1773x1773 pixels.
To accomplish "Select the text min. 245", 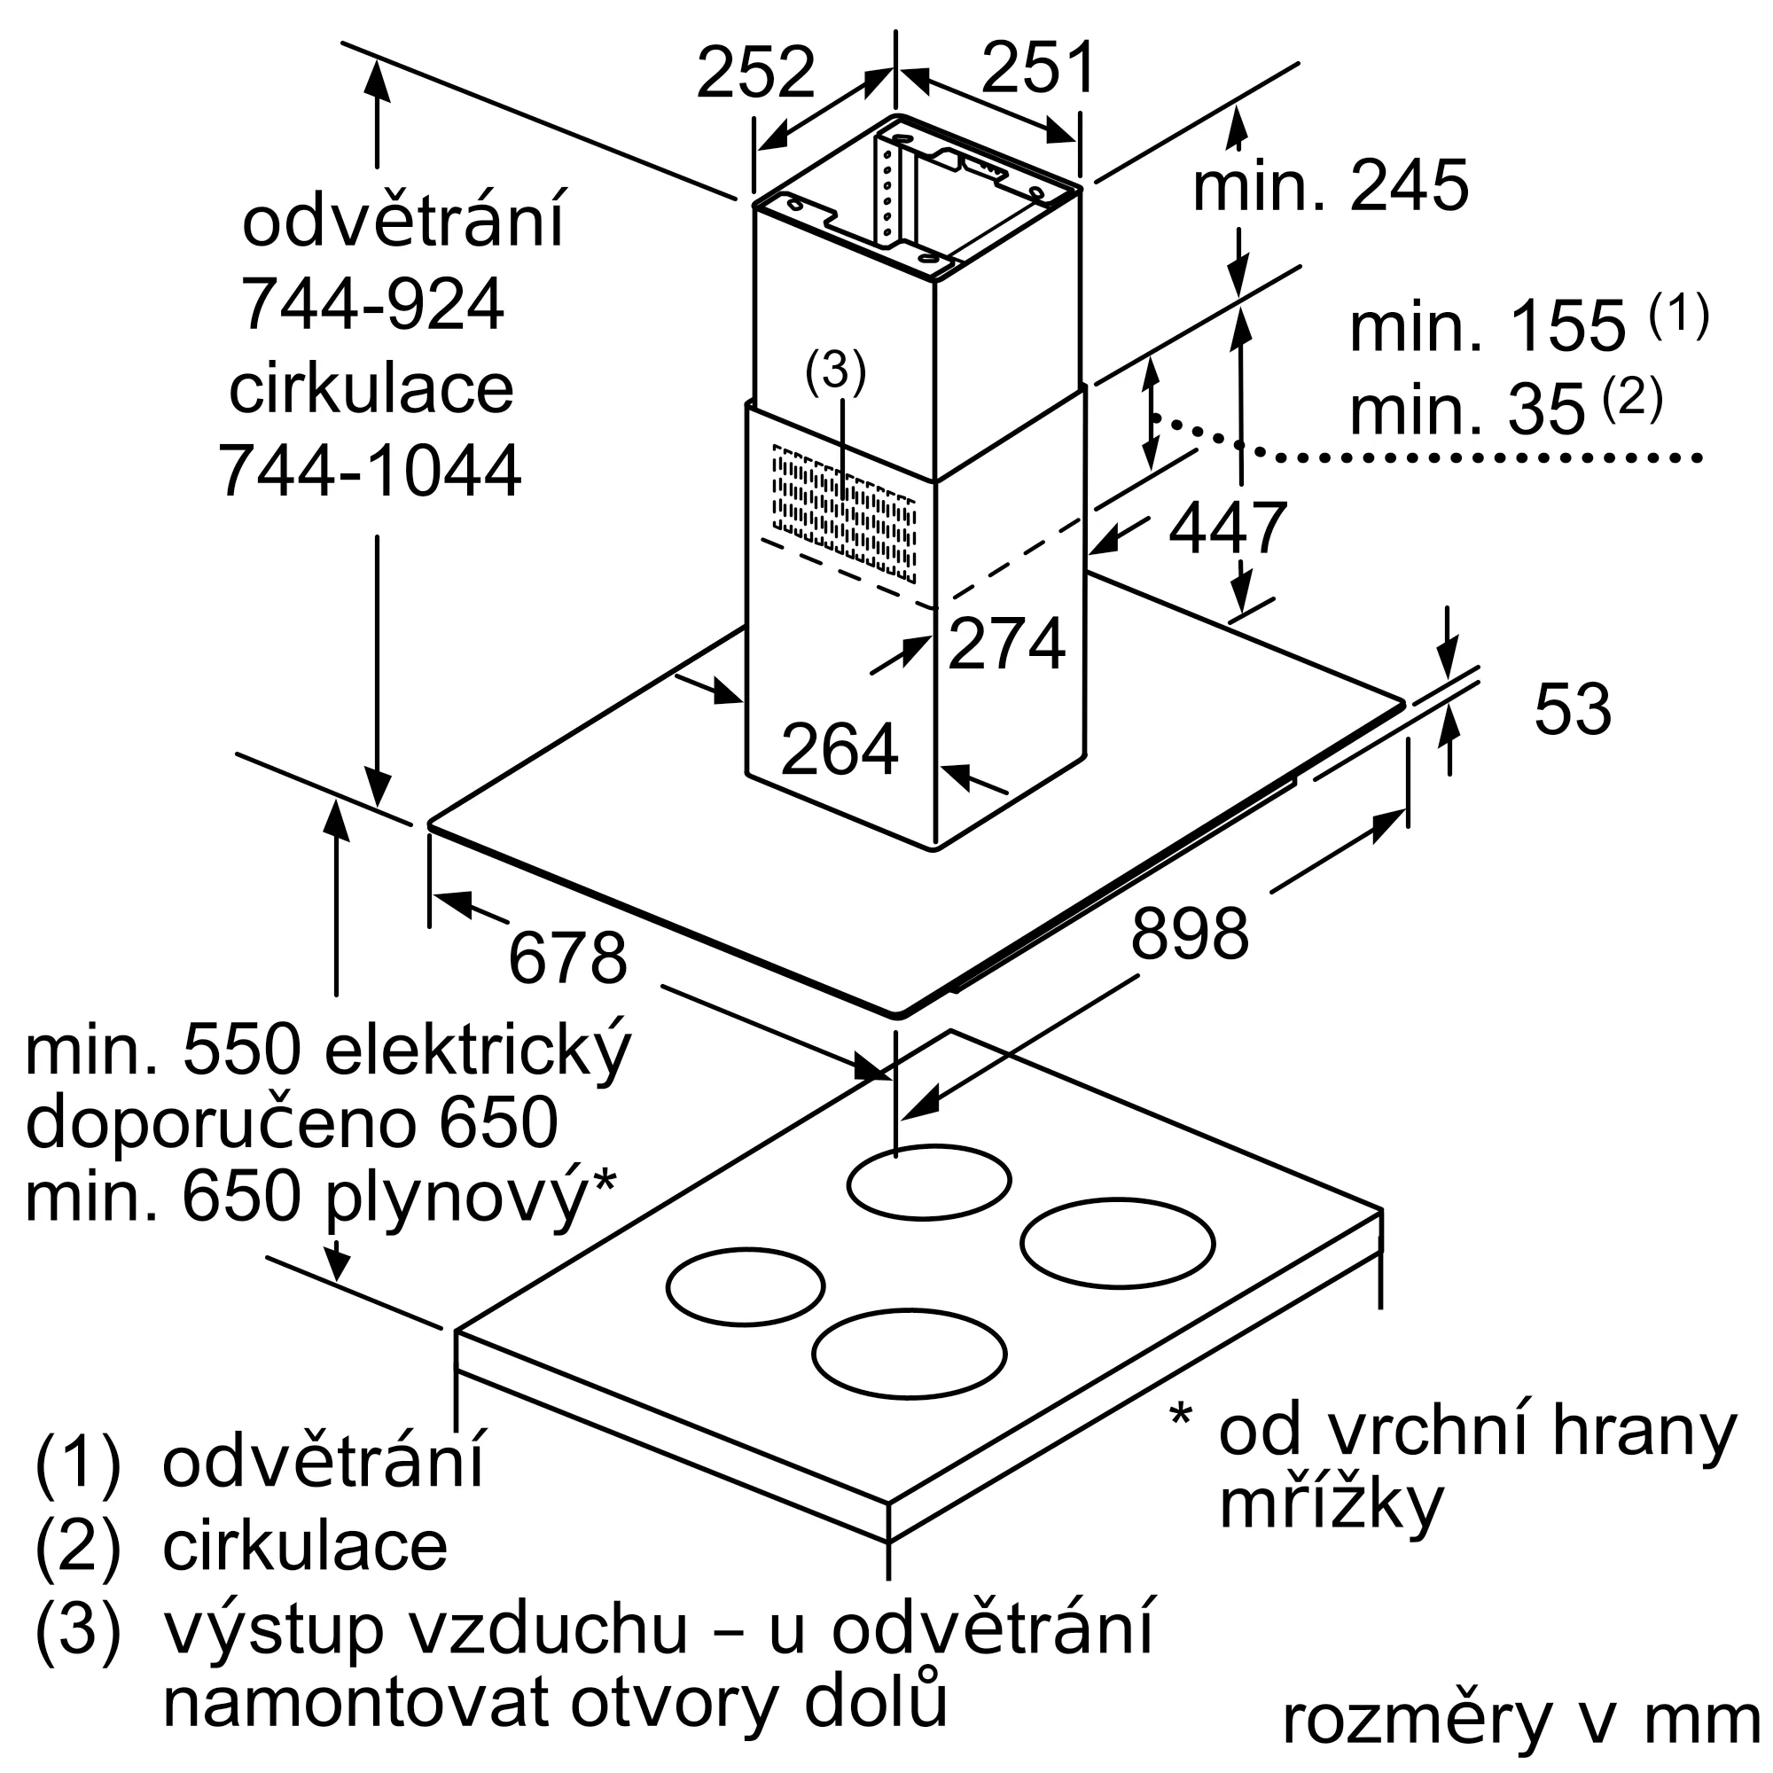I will tap(1330, 186).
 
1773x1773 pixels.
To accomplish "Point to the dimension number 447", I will tap(1227, 527).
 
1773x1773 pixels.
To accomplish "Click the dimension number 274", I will tap(1006, 644).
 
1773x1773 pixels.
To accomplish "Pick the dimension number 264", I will tap(839, 750).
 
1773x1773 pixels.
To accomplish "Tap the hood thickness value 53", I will tap(1572, 709).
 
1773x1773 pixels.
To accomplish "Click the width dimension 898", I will tap(1190, 933).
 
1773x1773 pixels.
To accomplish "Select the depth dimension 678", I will tap(567, 958).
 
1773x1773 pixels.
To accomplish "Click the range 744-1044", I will tap(370, 471).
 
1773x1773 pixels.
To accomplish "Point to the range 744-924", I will tap(372, 305).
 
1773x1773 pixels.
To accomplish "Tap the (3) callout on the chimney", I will tap(835, 372).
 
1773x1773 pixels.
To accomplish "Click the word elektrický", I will tap(477, 1052).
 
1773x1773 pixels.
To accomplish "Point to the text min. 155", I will tap(1487, 328).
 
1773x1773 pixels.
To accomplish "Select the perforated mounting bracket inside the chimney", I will tap(888, 191).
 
